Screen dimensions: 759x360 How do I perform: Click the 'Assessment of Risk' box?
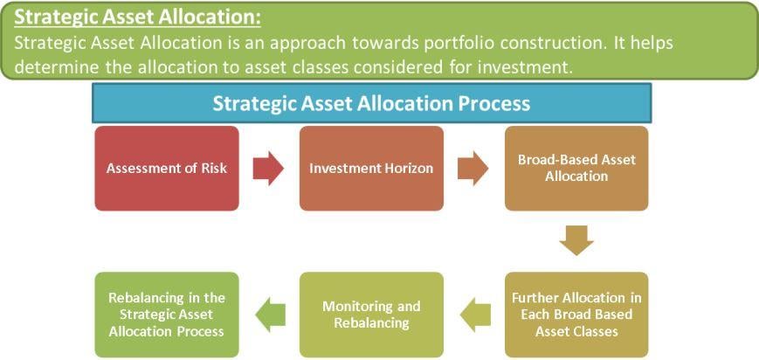[167, 168]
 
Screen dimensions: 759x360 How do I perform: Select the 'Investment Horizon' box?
[371, 168]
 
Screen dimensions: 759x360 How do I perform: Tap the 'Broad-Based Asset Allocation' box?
[576, 168]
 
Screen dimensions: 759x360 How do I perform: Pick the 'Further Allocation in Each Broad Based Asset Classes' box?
[576, 315]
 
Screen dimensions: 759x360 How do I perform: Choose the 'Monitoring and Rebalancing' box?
[371, 315]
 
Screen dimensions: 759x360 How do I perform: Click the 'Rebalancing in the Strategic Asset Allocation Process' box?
[167, 315]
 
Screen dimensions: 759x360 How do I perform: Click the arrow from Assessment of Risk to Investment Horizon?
[268, 168]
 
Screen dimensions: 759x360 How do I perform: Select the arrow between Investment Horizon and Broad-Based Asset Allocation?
[473, 168]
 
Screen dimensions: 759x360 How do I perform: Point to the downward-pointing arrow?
[576, 240]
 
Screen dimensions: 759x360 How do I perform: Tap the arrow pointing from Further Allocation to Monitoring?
[475, 315]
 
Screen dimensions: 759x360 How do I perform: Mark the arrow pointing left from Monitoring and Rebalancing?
[270, 315]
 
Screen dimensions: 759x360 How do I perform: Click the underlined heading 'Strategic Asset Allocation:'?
[138, 17]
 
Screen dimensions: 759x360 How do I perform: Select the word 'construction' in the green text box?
[550, 43]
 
